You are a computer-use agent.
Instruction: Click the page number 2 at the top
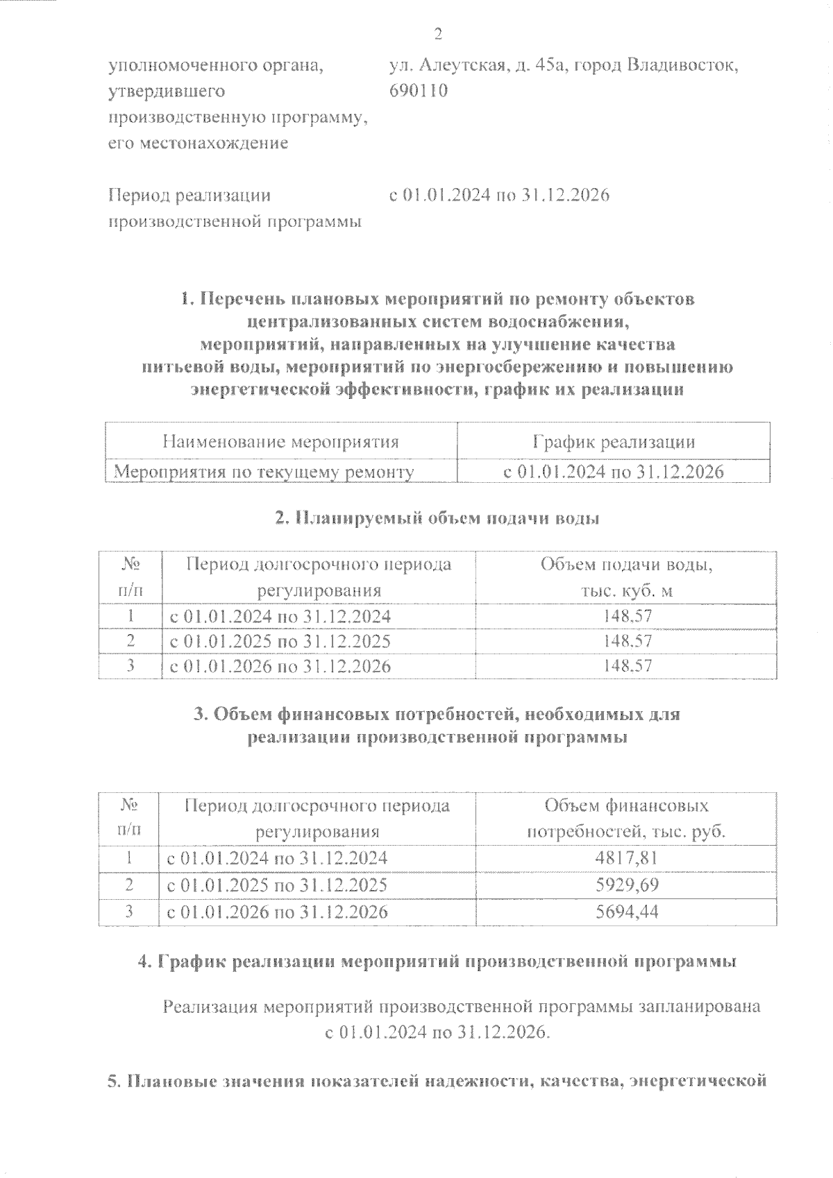[437, 34]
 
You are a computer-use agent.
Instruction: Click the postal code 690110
[418, 91]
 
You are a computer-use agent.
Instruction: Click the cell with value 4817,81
[626, 858]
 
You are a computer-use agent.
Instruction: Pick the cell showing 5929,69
[626, 885]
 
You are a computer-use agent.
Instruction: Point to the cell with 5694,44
[626, 911]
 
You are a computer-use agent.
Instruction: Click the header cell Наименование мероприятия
[280, 442]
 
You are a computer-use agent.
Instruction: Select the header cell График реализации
[613, 442]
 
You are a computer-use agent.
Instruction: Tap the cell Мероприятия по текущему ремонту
[264, 472]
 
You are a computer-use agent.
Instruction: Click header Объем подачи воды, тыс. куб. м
[626, 577]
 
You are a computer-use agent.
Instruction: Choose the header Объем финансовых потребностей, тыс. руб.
[626, 818]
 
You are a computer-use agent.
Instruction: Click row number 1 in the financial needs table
[128, 858]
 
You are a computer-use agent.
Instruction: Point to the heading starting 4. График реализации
[437, 962]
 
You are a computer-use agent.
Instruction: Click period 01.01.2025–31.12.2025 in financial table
[277, 885]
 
